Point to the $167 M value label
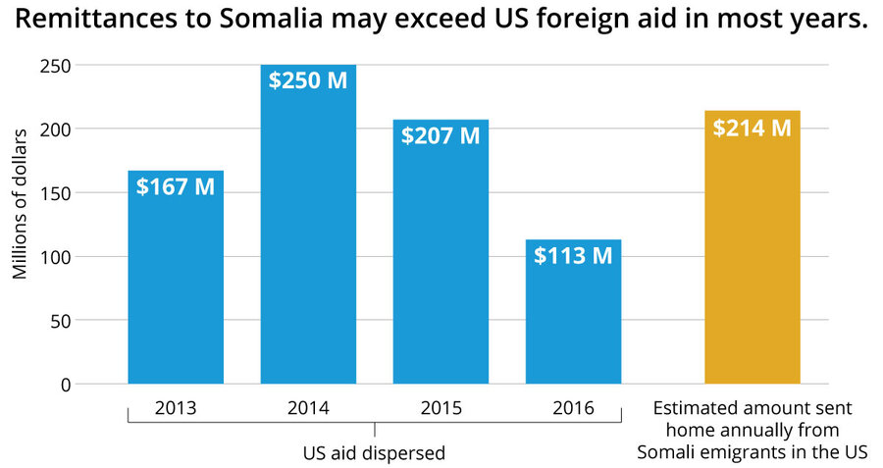[176, 186]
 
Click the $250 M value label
[308, 80]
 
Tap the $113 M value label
[573, 255]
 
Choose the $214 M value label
[752, 128]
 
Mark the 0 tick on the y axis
[65, 385]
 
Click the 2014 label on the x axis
[308, 408]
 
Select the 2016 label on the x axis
[573, 408]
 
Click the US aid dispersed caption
[373, 453]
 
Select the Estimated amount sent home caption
[753, 430]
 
